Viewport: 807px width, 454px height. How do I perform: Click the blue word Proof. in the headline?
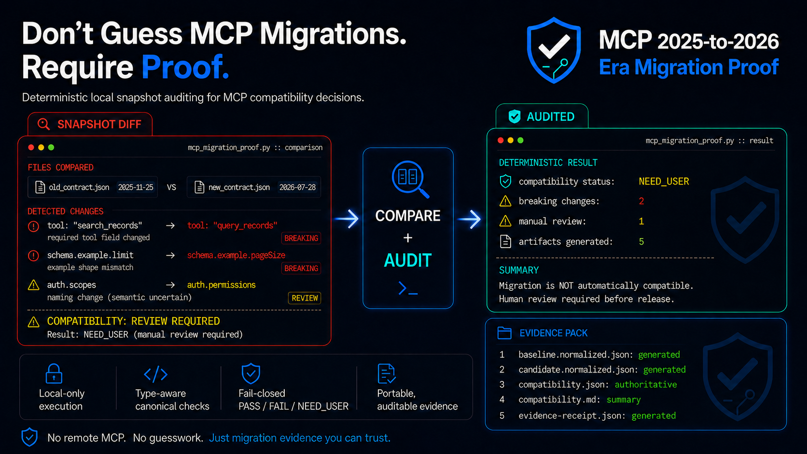coord(185,67)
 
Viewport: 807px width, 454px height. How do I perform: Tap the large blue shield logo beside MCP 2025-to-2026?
coord(554,50)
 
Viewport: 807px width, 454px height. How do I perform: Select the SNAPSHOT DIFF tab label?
coord(99,124)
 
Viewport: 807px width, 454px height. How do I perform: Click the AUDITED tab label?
coord(551,117)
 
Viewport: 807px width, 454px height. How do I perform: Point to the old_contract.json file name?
coord(79,187)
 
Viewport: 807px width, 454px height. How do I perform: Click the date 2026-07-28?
coord(297,187)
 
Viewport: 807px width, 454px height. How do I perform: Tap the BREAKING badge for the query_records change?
coord(301,238)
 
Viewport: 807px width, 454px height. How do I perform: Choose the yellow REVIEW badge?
coord(305,298)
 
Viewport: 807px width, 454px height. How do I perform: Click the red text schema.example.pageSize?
coord(236,255)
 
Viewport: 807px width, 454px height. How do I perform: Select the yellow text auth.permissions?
coord(221,285)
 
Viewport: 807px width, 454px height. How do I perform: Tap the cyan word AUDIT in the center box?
coord(408,261)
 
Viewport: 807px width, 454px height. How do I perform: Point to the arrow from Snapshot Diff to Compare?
coord(347,219)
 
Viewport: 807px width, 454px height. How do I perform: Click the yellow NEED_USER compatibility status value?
coord(664,181)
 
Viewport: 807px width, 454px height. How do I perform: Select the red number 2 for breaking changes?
coord(641,201)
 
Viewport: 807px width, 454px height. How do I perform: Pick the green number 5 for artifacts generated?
coord(641,242)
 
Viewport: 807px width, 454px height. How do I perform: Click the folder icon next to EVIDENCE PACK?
coord(504,333)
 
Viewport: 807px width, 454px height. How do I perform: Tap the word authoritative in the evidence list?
coord(646,385)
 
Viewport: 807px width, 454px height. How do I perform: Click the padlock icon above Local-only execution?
coord(54,373)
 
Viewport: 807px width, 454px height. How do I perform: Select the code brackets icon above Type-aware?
coord(155,374)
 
